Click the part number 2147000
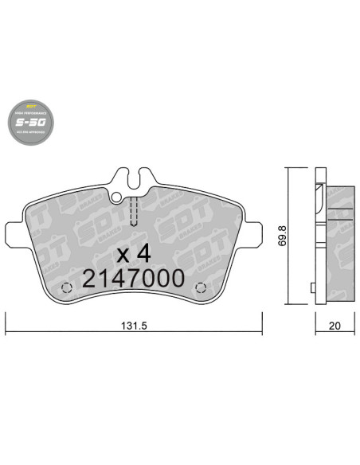coord(134,278)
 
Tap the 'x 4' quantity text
coord(133,253)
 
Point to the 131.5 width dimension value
coord(133,326)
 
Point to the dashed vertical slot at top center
coord(134,212)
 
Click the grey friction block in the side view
coord(339,239)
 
